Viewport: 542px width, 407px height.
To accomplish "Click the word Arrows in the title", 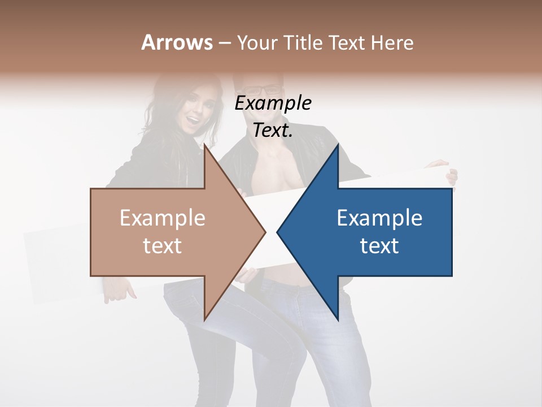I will (177, 42).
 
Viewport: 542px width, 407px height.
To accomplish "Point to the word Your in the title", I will (256, 42).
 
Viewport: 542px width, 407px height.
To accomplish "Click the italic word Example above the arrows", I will (273, 103).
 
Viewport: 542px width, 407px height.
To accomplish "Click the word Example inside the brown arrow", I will (163, 218).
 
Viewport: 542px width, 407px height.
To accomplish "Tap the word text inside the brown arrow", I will (163, 245).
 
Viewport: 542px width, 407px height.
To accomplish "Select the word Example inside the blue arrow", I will (379, 218).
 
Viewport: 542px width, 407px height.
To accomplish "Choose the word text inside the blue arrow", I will (379, 245).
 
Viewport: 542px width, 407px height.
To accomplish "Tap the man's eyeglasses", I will (264, 90).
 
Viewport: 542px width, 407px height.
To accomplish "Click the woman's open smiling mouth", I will (194, 120).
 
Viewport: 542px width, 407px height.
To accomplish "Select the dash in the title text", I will (224, 43).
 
